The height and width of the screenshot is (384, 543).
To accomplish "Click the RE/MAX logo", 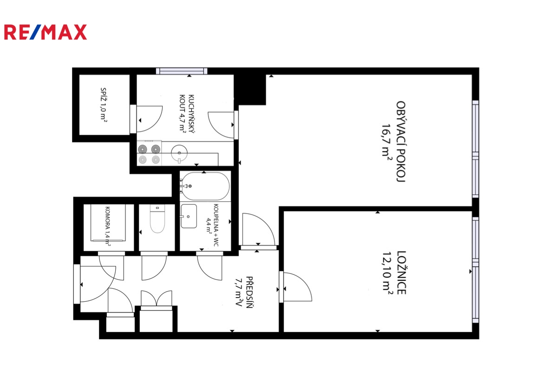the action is (45, 32).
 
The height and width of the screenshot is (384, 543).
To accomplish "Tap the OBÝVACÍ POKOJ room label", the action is (400, 141).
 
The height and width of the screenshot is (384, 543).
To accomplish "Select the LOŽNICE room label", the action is (401, 273).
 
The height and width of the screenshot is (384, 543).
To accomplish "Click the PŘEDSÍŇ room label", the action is (249, 292).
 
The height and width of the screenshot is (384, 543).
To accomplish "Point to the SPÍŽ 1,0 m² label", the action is (103, 104).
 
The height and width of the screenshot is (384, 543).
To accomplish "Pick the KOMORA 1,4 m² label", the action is (107, 225).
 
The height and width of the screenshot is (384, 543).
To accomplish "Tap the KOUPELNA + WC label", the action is (212, 225).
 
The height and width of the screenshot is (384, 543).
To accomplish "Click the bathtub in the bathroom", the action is (205, 186).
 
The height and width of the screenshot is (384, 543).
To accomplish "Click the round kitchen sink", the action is (179, 153).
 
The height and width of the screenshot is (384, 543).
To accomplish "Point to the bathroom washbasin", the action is (189, 216).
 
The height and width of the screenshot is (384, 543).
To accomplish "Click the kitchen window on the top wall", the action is (182, 71).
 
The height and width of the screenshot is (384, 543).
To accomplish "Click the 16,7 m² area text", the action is (386, 141).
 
